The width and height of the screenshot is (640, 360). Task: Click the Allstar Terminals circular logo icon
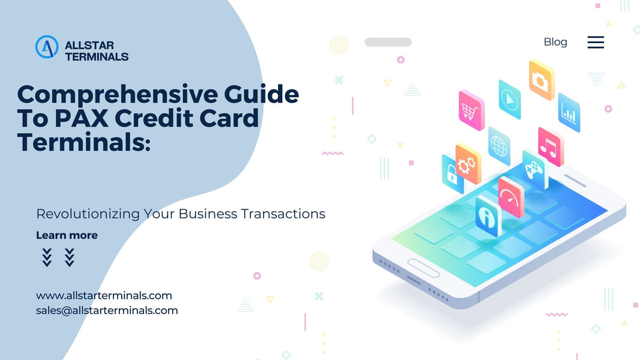click(46, 47)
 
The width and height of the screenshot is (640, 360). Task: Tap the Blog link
click(555, 42)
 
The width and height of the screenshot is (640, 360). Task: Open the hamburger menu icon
click(596, 42)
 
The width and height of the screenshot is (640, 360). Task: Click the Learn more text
click(67, 235)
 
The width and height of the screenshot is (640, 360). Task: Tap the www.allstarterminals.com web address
click(104, 295)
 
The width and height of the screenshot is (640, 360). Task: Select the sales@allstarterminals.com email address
click(107, 310)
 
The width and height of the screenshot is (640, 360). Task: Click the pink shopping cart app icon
click(471, 110)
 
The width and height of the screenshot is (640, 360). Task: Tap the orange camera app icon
click(542, 79)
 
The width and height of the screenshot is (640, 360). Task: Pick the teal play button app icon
click(510, 98)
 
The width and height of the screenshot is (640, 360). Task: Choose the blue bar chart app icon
click(569, 112)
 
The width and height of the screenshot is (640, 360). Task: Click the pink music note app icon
click(550, 146)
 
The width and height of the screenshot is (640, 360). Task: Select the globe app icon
click(499, 145)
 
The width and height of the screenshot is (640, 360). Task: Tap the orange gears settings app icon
click(468, 164)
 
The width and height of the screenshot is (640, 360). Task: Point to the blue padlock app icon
click(451, 174)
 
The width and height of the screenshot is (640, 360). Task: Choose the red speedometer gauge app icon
click(511, 196)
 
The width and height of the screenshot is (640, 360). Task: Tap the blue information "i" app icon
click(487, 215)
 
